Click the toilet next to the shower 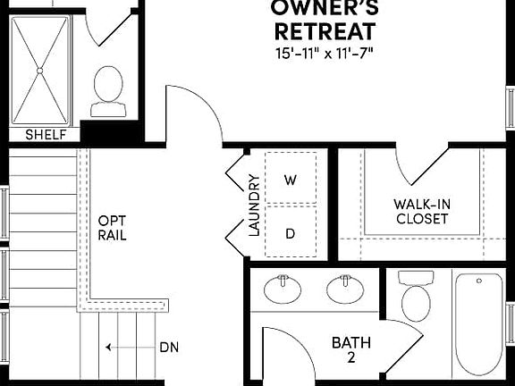click(108, 89)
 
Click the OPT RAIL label click(112, 228)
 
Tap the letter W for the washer click(290, 180)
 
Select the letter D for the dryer click(290, 232)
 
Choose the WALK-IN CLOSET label click(422, 211)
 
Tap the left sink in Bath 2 click(283, 289)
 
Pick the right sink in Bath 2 click(343, 289)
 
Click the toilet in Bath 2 click(416, 297)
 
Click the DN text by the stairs click(169, 347)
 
